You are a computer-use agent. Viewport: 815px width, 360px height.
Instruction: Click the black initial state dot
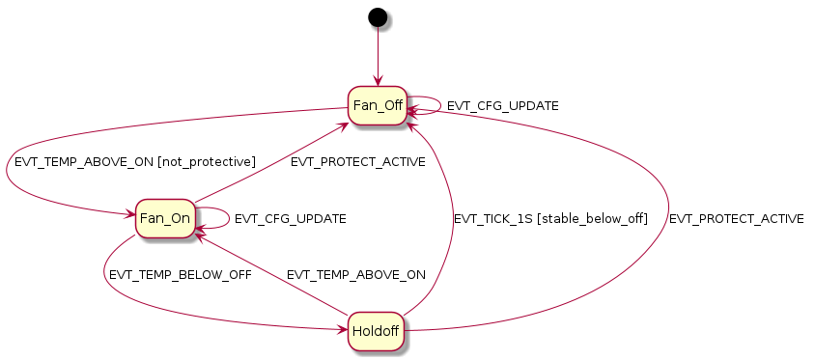pos(378,17)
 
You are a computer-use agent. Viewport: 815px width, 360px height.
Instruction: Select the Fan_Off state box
pos(378,105)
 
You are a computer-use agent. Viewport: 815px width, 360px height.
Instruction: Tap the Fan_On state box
pos(165,218)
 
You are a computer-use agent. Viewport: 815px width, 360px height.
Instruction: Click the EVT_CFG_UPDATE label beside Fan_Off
pos(502,105)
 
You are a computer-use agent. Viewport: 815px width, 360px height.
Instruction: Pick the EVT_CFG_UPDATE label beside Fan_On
pos(290,219)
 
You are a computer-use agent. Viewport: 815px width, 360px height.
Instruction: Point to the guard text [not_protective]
pos(211,162)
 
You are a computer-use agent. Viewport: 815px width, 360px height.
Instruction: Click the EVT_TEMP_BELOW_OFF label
pos(181,275)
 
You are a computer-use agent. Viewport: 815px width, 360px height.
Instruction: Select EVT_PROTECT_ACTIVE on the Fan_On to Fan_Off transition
pos(357,162)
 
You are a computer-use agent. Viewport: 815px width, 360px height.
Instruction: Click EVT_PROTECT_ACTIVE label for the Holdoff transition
pos(736,219)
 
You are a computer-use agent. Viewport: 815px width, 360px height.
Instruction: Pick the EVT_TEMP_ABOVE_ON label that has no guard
pos(355,275)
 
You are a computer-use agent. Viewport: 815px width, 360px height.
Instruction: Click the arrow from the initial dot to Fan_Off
pos(378,58)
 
